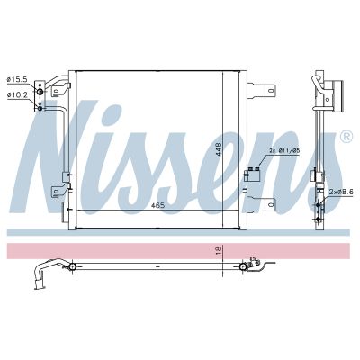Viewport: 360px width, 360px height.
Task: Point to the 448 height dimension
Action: point(218,148)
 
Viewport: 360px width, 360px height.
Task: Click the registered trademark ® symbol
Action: point(346,137)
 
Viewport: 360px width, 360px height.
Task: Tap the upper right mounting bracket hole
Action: point(273,91)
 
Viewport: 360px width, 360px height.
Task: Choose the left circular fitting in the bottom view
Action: point(70,266)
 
